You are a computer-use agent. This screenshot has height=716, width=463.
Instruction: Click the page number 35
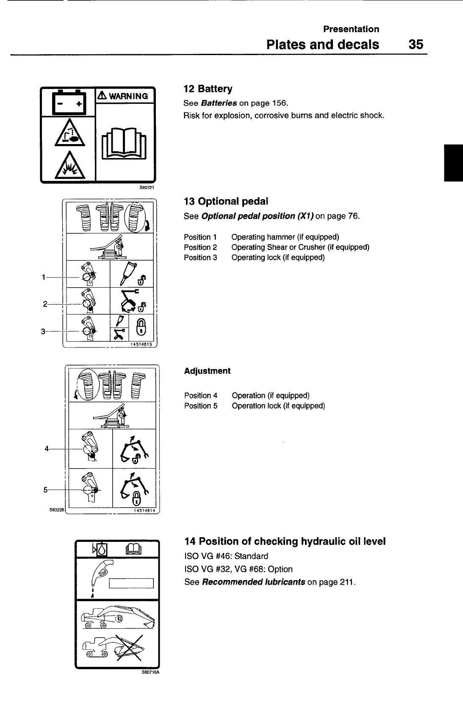416,44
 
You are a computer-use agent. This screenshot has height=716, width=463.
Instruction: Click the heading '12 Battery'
208,89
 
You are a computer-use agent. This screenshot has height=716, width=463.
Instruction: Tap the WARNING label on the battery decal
125,96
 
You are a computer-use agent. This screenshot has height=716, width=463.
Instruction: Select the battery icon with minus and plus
69,103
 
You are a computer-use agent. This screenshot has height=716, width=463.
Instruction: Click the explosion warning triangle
69,167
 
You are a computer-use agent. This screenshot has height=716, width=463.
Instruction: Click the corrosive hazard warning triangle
68,136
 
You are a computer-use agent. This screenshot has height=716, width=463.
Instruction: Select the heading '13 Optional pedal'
226,201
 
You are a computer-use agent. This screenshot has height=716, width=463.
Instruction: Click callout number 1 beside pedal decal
44,278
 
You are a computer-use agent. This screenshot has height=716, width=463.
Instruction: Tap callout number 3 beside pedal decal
43,331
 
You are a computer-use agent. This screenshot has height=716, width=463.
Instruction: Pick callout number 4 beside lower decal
47,449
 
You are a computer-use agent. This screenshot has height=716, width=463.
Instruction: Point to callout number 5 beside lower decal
46,490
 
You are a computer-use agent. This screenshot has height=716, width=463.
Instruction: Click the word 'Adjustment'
207,371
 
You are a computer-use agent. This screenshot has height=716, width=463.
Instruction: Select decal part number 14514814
144,511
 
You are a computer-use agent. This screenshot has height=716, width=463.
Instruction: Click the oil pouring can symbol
100,575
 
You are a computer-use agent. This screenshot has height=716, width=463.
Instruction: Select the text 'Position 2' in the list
200,247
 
